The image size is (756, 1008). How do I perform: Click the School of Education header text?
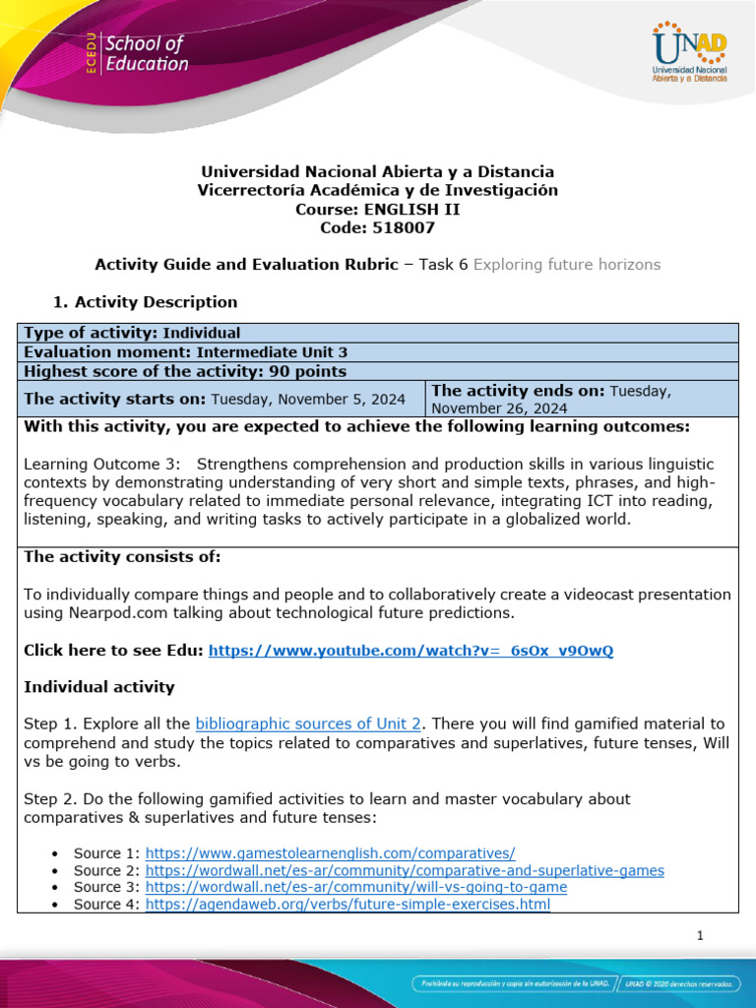pos(146,54)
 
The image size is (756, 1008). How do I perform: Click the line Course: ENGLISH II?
pos(377,209)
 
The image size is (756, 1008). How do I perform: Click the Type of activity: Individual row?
pos(132,333)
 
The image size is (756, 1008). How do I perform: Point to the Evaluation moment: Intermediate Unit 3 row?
pos(185,351)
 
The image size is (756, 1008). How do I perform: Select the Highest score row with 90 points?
pos(185,371)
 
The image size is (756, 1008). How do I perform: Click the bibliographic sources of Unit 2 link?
pos(309,724)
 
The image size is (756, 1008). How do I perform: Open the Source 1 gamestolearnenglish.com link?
pos(330,852)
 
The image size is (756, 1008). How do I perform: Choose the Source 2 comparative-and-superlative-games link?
pos(405,870)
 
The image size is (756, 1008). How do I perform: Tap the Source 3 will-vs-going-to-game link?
pos(356,887)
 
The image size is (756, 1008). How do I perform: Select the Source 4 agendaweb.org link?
pos(347,904)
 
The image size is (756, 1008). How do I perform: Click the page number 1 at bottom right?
pos(700,936)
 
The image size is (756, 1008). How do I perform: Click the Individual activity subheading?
pos(98,687)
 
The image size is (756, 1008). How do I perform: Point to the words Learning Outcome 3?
pos(89,463)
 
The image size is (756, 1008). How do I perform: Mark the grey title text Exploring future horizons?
pos(567,264)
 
